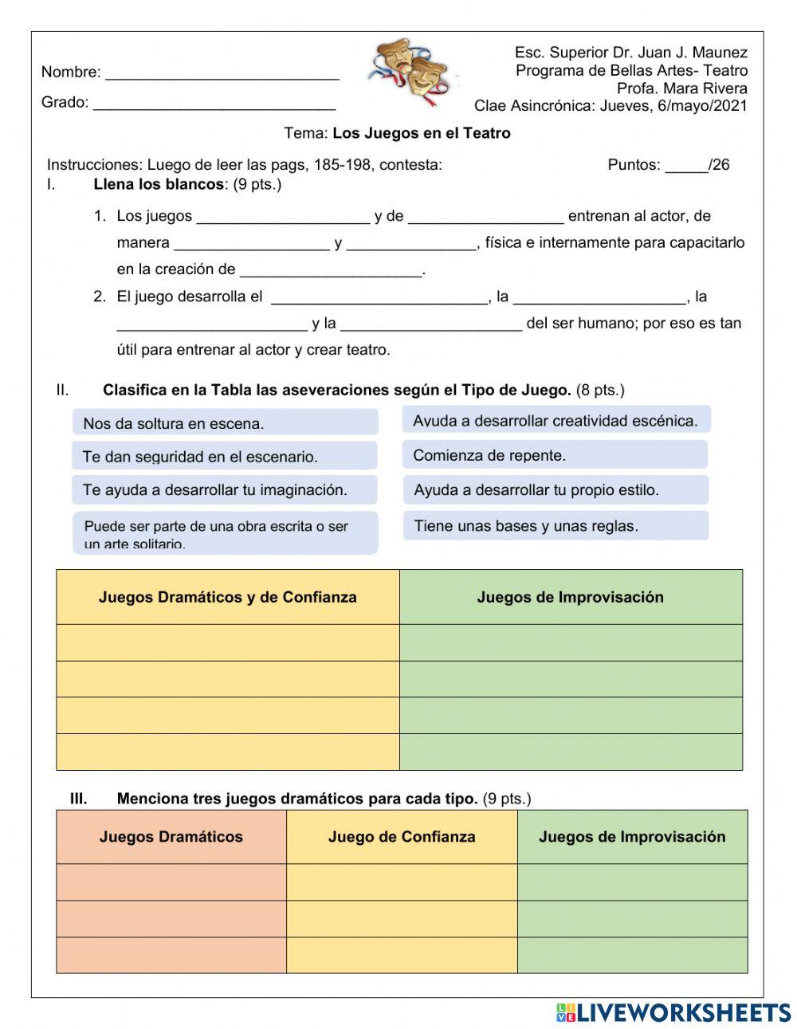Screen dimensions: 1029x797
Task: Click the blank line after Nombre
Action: (x=222, y=74)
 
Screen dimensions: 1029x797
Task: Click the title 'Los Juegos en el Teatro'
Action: (x=421, y=133)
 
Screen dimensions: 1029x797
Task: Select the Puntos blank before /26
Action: (x=686, y=167)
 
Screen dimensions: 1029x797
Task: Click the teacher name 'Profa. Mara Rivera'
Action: (x=681, y=88)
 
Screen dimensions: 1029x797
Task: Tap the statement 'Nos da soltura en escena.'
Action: (x=225, y=423)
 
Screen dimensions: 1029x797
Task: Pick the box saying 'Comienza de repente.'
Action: (x=555, y=455)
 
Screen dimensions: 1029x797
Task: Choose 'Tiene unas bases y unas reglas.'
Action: (x=555, y=526)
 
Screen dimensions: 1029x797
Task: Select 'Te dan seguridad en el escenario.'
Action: (x=224, y=457)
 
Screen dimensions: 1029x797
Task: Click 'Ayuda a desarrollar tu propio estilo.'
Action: (x=555, y=490)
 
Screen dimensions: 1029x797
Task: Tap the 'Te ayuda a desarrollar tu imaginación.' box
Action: (x=224, y=490)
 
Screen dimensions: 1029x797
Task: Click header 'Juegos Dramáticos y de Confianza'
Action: (x=227, y=597)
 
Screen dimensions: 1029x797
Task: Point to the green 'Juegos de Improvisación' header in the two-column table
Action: (x=570, y=597)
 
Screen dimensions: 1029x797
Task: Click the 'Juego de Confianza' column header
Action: (x=402, y=837)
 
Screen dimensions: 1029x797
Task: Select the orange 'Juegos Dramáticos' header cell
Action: (x=171, y=837)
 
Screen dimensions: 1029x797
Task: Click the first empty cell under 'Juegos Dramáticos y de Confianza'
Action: (x=227, y=642)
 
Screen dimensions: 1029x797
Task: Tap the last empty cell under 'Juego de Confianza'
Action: (x=402, y=955)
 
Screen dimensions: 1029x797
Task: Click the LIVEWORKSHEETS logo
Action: (x=673, y=1012)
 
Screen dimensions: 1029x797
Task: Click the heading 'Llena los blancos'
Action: (x=159, y=185)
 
